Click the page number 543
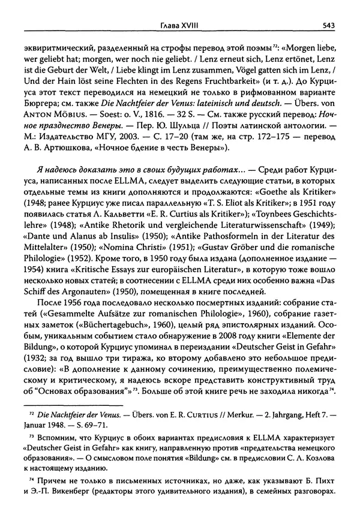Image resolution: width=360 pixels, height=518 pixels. click(328, 25)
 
